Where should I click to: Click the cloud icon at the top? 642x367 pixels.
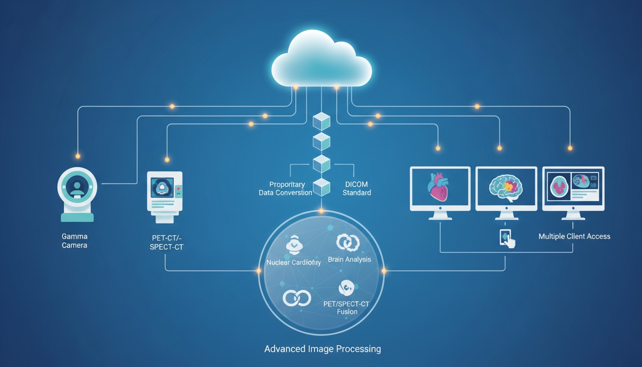(321, 60)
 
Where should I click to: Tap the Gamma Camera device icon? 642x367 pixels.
(77, 194)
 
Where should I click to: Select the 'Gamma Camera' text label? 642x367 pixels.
(75, 241)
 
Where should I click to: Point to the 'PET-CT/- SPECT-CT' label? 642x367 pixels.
(165, 243)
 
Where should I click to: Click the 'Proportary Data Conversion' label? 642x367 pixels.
(286, 188)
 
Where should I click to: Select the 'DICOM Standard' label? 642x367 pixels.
(356, 188)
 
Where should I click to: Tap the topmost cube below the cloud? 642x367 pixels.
(321, 121)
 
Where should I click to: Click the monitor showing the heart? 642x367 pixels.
(440, 189)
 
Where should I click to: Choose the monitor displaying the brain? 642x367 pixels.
(506, 189)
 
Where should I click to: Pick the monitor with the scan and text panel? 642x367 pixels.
(573, 189)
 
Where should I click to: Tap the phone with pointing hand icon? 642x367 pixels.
(507, 238)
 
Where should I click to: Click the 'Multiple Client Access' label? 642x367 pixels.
(574, 236)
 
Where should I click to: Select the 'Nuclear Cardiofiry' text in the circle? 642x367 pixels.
(293, 262)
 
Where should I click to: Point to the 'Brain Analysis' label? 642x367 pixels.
(349, 259)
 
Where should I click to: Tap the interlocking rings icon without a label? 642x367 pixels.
(297, 298)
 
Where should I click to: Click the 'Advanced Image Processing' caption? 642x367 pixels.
(322, 349)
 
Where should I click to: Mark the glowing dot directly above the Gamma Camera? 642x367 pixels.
(78, 156)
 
